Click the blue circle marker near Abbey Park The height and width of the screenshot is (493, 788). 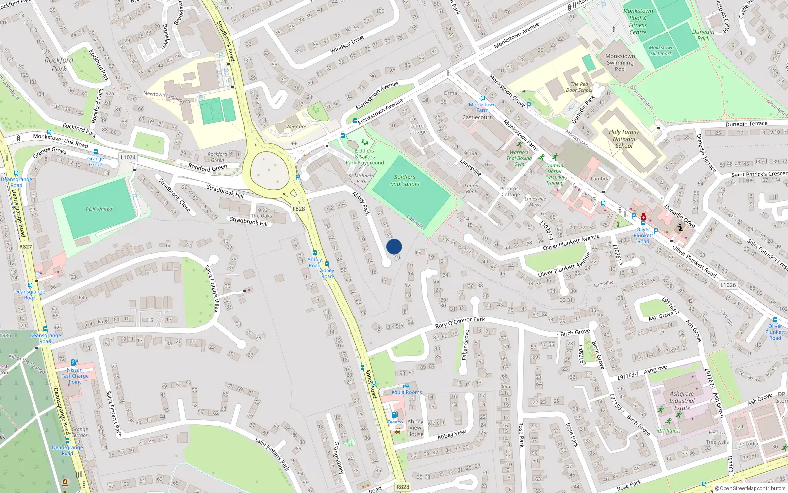pos(394,246)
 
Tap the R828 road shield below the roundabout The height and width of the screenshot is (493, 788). pos(298,209)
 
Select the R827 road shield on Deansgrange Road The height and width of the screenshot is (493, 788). pos(26,246)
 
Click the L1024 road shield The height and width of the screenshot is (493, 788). pos(128,157)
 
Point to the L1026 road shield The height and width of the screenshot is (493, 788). pos(728,285)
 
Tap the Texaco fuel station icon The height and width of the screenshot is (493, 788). pos(394,415)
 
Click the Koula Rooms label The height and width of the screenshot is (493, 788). pos(406,392)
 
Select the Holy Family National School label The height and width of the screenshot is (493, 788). pos(624,139)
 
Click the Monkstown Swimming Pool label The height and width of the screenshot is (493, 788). pos(620,63)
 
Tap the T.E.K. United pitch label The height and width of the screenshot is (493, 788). pos(98,209)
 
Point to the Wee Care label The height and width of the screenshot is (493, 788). pos(296,127)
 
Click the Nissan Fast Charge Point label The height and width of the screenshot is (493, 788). pos(75,376)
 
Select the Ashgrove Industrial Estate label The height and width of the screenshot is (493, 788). pos(682,401)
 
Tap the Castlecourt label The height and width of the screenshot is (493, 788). pos(477,117)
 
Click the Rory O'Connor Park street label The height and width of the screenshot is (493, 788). pos(460,323)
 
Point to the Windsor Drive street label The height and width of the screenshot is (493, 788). pos(347,44)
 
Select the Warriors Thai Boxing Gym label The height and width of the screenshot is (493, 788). pos(519,158)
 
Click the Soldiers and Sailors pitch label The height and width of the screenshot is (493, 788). pos(405,180)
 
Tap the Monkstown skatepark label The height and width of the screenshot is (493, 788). pos(661,51)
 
